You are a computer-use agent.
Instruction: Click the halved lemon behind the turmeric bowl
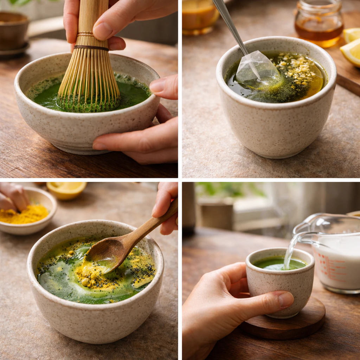click(66, 190)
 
